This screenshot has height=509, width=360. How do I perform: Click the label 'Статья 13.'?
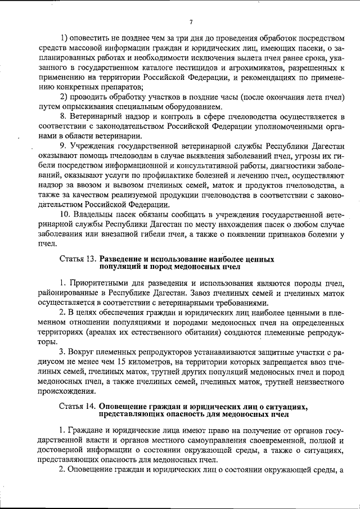point(78,259)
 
